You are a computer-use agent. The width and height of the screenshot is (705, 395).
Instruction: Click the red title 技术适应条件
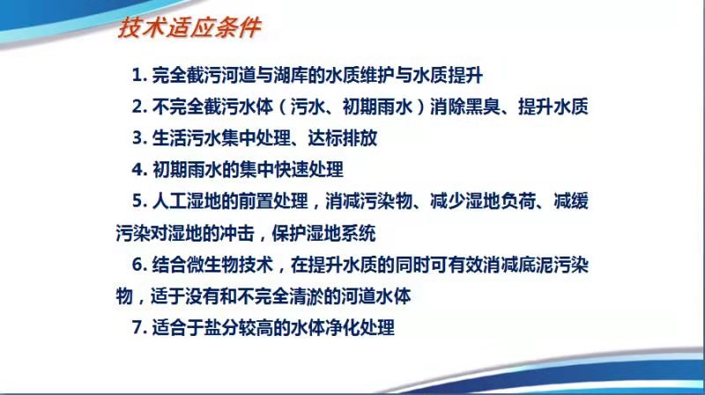[189, 28]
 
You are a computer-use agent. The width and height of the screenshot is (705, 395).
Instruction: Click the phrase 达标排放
[343, 138]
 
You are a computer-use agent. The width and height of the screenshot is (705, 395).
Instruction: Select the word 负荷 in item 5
[519, 201]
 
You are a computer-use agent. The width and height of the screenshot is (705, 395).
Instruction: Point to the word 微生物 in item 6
[212, 265]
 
